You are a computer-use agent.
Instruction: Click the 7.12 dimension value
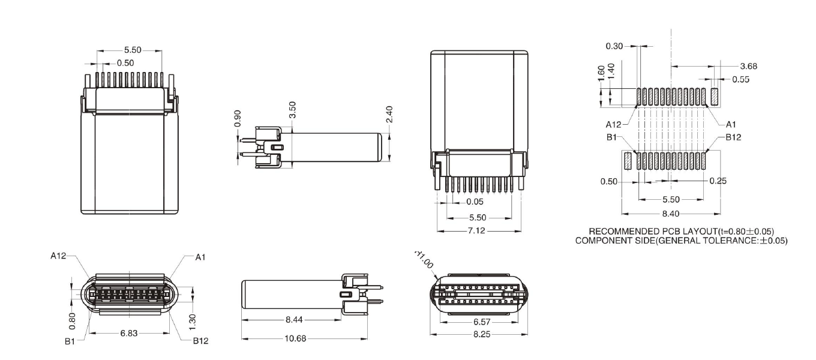coord(478,230)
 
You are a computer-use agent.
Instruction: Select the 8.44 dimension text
coord(293,321)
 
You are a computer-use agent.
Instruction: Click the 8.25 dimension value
coord(478,334)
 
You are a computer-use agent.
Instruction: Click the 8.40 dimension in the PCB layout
coord(670,212)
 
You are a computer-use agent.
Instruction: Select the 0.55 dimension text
coord(741,79)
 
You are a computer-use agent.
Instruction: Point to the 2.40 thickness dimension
coord(389,114)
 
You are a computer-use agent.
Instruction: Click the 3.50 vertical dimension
coord(292,110)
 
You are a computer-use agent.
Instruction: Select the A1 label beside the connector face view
coord(200,257)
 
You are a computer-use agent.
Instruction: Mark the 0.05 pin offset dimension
coord(475,202)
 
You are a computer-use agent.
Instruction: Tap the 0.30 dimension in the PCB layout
coord(614,46)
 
